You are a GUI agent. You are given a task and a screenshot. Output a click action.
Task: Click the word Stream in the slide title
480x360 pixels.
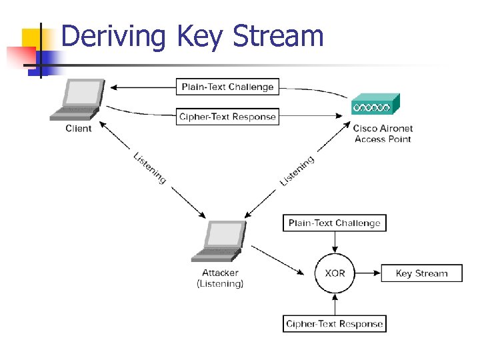[278, 36]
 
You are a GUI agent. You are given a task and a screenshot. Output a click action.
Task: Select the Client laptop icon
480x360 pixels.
[78, 99]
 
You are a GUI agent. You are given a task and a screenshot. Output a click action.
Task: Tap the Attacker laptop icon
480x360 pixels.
[219, 242]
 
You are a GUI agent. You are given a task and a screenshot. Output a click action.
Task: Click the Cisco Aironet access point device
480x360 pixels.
[375, 105]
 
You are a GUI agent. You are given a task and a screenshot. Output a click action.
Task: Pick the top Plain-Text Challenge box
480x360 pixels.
[227, 87]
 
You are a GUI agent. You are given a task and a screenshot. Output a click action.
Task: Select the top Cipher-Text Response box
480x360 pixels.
[227, 117]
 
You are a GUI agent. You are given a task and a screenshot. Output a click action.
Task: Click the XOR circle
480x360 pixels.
[335, 273]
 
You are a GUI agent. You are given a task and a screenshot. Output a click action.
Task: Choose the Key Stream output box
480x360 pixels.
[421, 273]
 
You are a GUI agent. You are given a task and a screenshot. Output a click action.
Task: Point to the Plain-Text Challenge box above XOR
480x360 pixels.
[335, 223]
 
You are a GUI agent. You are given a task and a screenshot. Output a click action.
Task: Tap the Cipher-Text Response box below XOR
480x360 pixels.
[335, 324]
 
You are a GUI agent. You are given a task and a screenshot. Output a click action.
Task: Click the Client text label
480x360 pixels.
[78, 129]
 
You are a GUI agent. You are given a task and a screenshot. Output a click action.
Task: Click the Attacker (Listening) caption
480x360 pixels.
[220, 278]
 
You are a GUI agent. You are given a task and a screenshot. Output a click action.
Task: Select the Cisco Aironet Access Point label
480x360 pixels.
[383, 133]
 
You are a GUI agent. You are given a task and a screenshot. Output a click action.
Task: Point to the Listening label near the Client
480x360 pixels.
[149, 168]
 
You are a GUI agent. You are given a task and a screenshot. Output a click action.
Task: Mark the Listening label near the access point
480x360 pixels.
[297, 171]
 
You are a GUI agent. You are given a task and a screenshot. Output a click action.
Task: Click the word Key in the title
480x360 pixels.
[199, 36]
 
